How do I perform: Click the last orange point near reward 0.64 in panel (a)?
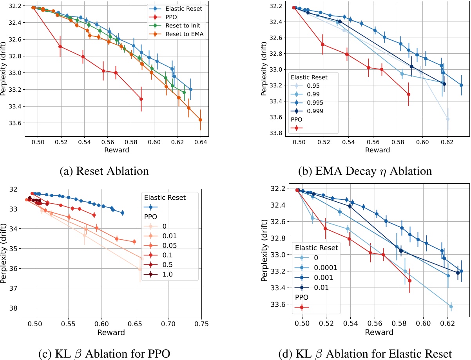pyautogui.click(x=201, y=119)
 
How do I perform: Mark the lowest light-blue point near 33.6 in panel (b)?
pyautogui.click(x=448, y=119)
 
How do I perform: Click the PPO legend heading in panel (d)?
pyautogui.click(x=302, y=297)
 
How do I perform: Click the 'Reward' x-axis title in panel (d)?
pyautogui.click(x=379, y=333)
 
